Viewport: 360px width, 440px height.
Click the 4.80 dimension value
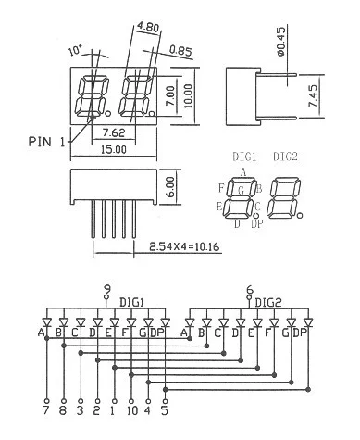coord(148,28)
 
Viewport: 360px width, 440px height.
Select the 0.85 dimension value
coord(180,51)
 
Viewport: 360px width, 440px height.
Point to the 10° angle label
coord(76,50)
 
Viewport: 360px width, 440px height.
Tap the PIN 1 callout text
coord(47,142)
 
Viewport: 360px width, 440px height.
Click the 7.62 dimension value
coord(114,132)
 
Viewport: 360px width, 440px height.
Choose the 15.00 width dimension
coord(114,150)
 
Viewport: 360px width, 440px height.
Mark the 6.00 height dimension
coord(171,186)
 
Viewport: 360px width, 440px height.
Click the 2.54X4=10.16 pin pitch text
coord(184,246)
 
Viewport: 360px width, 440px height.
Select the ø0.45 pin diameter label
coord(281,41)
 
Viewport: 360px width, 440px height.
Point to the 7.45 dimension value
coord(313,96)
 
